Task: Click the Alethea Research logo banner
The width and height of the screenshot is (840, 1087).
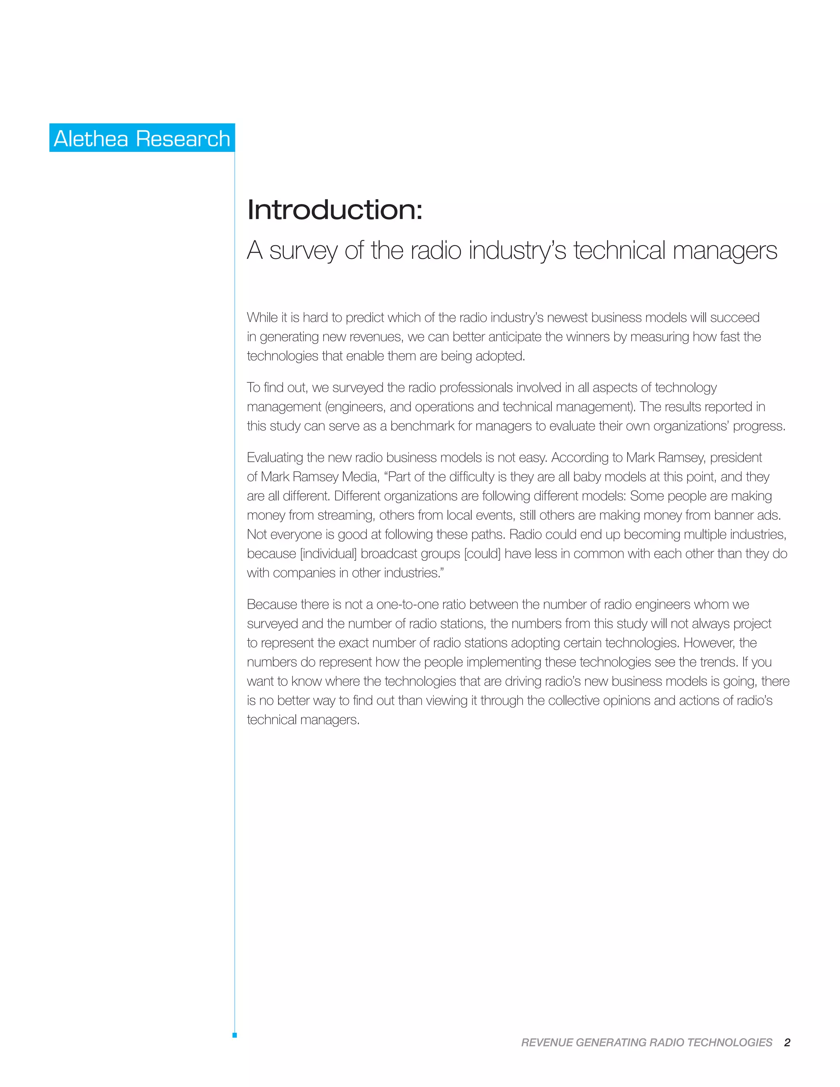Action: pyautogui.click(x=142, y=138)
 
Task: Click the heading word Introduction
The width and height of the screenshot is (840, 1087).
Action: pyautogui.click(x=334, y=210)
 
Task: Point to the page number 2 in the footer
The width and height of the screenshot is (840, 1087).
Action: pyautogui.click(x=787, y=1042)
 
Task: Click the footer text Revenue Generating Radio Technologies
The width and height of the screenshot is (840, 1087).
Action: pyautogui.click(x=646, y=1042)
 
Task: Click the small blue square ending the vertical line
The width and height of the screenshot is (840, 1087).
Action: pyautogui.click(x=234, y=1035)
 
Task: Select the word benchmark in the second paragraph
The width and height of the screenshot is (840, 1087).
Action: pyautogui.click(x=422, y=426)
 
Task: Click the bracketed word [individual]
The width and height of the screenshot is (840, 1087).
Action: pyautogui.click(x=329, y=553)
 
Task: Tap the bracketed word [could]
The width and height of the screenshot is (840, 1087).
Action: pyautogui.click(x=482, y=553)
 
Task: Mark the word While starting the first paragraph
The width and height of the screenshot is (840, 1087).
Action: pyautogui.click(x=262, y=317)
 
